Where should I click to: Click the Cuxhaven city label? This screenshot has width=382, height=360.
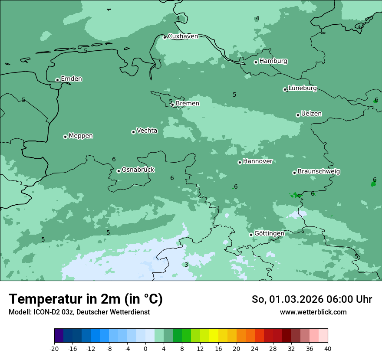tap(183, 36)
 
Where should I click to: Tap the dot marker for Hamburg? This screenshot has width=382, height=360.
tap(256, 62)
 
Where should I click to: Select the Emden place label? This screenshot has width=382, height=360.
tap(71, 79)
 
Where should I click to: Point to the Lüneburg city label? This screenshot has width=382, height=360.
tap(303, 88)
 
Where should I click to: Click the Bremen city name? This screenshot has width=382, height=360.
tap(188, 104)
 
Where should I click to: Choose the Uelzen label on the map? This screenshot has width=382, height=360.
tap(311, 114)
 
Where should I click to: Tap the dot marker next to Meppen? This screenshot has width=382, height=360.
tap(65, 137)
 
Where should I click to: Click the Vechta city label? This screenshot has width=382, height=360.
tap(147, 131)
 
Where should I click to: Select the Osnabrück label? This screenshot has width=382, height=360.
tap(138, 170)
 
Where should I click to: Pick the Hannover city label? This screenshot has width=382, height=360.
tap(257, 161)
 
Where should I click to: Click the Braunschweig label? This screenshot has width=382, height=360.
tap(319, 172)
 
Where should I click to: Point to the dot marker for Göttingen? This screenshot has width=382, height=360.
tap(251, 235)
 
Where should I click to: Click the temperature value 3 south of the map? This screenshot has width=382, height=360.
tap(186, 265)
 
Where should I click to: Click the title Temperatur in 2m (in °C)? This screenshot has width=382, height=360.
tap(86, 299)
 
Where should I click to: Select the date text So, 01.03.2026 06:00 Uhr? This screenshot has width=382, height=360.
tap(312, 300)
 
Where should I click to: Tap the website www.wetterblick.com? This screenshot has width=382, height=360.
tap(313, 312)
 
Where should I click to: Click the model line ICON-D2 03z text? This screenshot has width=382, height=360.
tap(79, 312)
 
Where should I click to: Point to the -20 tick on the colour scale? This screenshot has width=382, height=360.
tap(54, 349)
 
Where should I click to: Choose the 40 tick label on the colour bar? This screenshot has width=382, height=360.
tap(328, 349)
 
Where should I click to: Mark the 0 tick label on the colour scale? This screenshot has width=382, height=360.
tap(145, 349)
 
